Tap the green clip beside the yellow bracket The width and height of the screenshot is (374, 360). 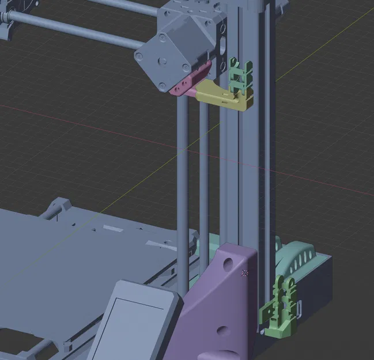pyautogui.click(x=240, y=75)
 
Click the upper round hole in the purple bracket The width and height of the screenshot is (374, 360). pyautogui.click(x=229, y=264)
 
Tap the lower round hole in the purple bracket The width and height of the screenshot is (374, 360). pyautogui.click(x=221, y=332)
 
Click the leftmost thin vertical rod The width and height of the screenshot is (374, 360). pyautogui.click(x=183, y=190)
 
